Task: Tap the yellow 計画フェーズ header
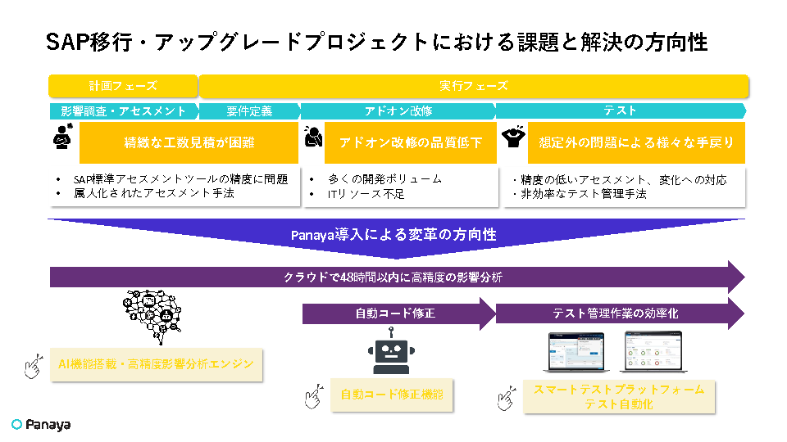point(123,86)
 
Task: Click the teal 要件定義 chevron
point(249,111)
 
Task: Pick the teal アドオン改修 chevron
point(398,111)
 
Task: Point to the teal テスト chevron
point(621,111)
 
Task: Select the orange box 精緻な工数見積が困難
point(189,142)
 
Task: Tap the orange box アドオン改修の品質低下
point(411,142)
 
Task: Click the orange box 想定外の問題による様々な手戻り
point(636,142)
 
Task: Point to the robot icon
point(391,351)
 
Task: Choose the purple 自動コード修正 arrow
point(397,313)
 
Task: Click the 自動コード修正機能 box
point(392,395)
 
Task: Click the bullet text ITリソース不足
point(366,194)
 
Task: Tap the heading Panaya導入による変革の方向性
point(393,235)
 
